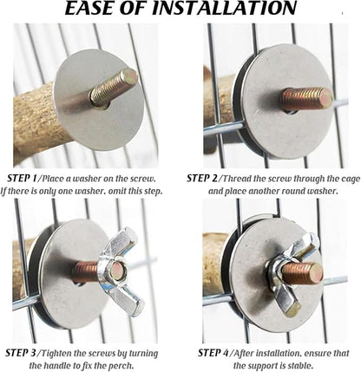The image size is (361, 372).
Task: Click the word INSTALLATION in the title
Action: [225, 8]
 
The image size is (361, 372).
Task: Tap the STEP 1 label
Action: [22, 179]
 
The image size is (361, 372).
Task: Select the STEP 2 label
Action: [201, 179]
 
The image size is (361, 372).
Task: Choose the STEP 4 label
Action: [213, 353]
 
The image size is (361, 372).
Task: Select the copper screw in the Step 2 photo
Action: [306, 99]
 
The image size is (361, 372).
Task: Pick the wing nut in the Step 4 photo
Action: [289, 275]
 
